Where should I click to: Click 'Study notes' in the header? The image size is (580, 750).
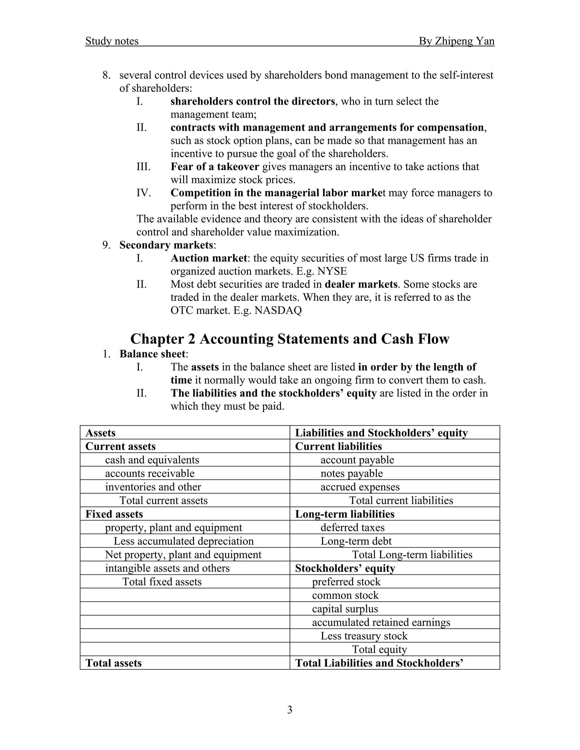point(112,41)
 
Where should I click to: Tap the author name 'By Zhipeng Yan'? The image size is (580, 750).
point(456,41)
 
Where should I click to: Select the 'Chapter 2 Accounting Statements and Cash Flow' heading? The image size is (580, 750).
point(290,339)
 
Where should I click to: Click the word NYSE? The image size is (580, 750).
point(332,271)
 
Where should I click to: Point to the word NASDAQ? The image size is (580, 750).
point(278,310)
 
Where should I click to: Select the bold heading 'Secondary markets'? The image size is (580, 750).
point(166,245)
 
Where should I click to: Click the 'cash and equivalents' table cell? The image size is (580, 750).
point(152,460)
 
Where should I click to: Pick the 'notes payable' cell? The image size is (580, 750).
point(351,473)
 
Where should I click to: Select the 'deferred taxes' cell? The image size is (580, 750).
point(353,528)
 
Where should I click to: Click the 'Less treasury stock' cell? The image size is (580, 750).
point(364,636)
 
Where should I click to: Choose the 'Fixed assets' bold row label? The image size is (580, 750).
point(114,514)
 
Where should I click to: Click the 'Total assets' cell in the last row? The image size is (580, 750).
point(113,663)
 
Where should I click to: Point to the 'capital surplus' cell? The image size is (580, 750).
point(345,609)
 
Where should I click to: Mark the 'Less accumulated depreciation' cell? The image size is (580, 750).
point(184,541)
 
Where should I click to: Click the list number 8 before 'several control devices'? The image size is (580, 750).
point(106,75)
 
